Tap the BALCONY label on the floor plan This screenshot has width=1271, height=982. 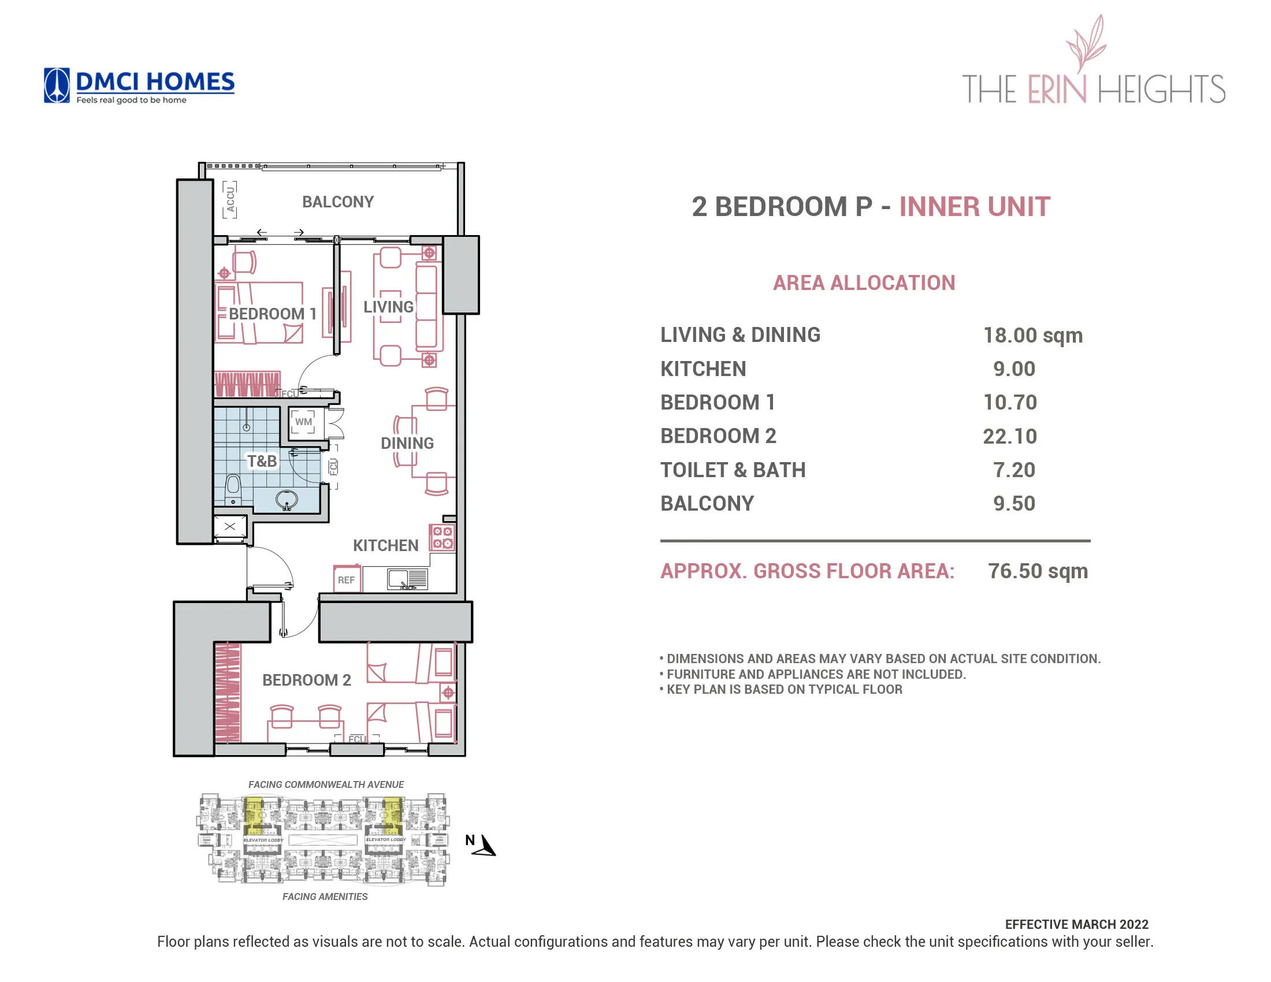click(x=337, y=202)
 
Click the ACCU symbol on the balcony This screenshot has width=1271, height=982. click(x=230, y=199)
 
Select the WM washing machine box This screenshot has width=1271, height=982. click(x=303, y=422)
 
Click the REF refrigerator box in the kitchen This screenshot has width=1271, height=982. click(x=346, y=579)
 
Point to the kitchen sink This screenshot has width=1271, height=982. click(x=407, y=579)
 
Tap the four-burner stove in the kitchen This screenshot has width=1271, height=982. click(x=443, y=538)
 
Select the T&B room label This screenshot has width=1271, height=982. click(x=262, y=462)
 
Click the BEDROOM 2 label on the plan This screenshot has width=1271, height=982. click(x=307, y=680)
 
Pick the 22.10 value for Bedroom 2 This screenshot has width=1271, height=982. click(x=1010, y=436)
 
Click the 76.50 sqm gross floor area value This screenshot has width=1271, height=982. click(x=1038, y=571)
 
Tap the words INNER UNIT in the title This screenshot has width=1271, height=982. click(x=975, y=207)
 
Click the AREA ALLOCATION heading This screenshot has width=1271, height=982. click(x=864, y=283)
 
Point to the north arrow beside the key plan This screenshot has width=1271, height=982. click(x=485, y=846)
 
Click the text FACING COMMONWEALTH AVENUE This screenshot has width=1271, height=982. click(x=326, y=784)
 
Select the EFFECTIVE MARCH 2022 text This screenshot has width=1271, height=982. click(x=1077, y=924)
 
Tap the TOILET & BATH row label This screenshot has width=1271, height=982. click(x=733, y=470)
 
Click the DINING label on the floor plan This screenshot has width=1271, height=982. click(x=407, y=443)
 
